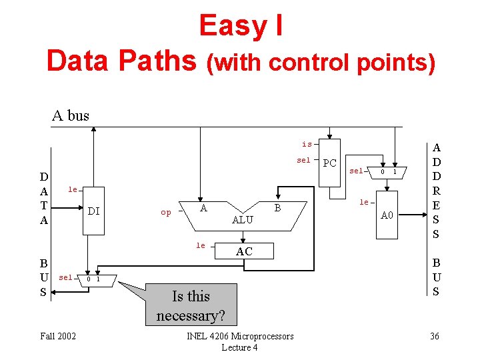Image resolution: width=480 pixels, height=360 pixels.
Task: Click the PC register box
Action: click(329, 163)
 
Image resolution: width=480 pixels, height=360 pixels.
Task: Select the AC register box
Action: click(244, 251)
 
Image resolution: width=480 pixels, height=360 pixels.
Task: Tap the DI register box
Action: click(94, 211)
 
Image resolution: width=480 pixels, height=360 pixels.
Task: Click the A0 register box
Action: click(387, 215)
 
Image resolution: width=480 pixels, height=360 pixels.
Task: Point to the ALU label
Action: click(242, 220)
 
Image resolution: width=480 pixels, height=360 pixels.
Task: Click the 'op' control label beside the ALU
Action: click(166, 213)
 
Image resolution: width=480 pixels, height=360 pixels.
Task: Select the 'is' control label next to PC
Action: click(307, 144)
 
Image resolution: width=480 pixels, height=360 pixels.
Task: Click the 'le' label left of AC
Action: click(201, 246)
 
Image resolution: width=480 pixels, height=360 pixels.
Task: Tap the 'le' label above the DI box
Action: click(73, 190)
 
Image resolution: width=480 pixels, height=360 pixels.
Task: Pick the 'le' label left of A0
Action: click(364, 202)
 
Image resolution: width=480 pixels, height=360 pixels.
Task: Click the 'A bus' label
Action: click(71, 115)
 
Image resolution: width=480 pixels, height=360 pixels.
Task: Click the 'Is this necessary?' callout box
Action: click(191, 305)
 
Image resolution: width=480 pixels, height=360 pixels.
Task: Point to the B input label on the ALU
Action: click(279, 209)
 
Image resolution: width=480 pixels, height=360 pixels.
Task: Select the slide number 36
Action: click(435, 336)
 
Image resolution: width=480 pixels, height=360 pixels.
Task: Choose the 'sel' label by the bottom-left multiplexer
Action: click(65, 277)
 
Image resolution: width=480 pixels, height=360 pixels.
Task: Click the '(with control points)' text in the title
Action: click(321, 63)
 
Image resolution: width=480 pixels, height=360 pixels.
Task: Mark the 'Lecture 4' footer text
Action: click(240, 347)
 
